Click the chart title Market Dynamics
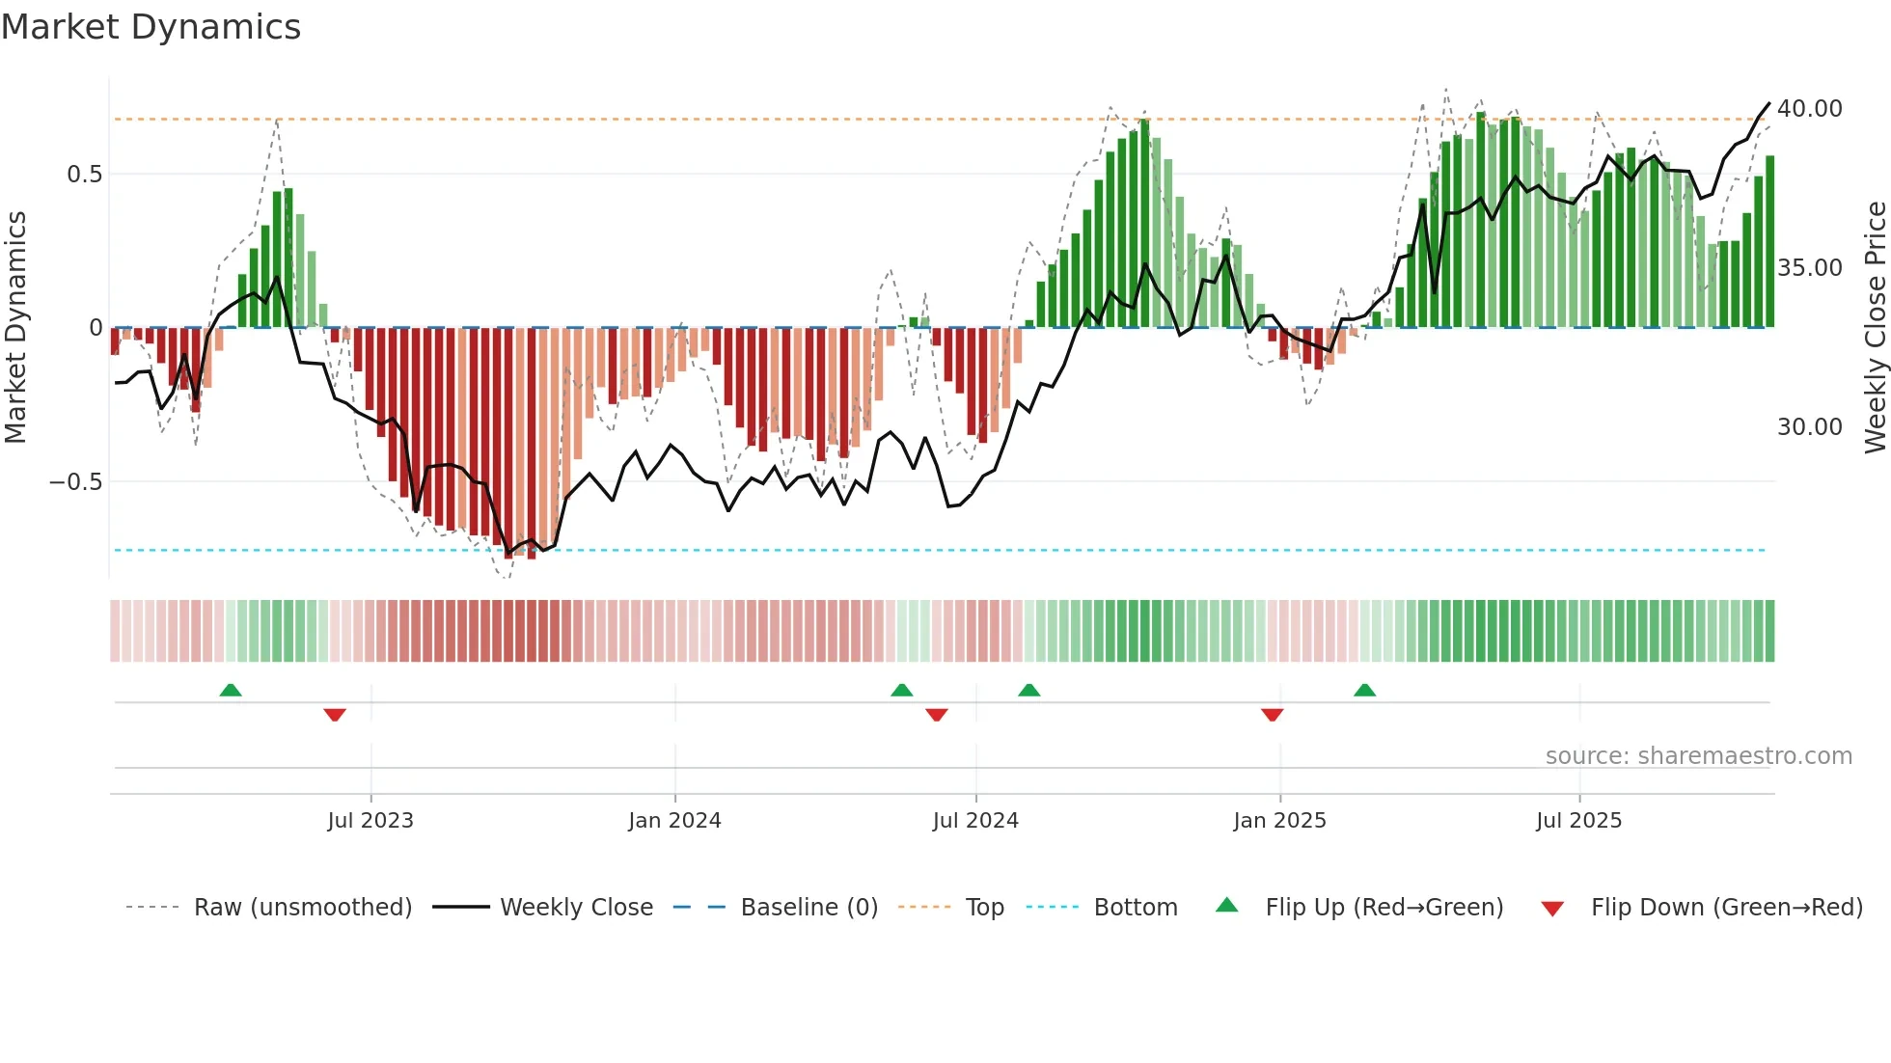(x=151, y=27)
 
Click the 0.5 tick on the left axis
(x=84, y=175)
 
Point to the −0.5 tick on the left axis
(x=76, y=482)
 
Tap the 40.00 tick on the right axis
(x=1809, y=109)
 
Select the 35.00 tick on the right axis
(x=1809, y=268)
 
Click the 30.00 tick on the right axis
(x=1809, y=427)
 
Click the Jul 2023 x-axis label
(x=370, y=821)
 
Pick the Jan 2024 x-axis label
(x=674, y=821)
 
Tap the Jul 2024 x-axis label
(x=975, y=821)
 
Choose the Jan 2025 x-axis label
(x=1279, y=821)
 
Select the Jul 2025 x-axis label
(x=1578, y=821)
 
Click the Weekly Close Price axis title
(x=1875, y=328)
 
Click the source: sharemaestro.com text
(x=1698, y=756)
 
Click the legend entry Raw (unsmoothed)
(x=302, y=908)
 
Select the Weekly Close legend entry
(x=576, y=908)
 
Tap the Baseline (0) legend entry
(x=808, y=908)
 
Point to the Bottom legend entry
(x=1135, y=908)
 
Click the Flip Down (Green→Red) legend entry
(x=1726, y=908)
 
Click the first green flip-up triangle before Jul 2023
(x=231, y=691)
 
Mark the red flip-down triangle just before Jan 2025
(x=1272, y=715)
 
